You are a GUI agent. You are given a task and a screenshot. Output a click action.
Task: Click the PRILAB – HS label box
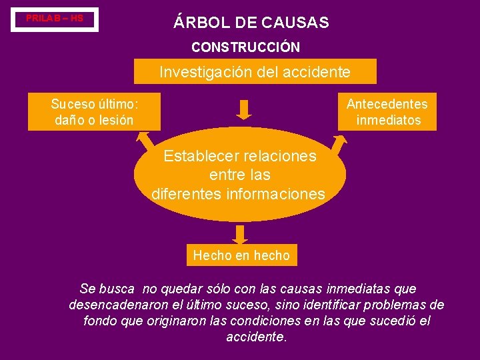click(55, 19)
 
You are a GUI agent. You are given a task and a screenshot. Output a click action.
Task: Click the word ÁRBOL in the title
click(198, 23)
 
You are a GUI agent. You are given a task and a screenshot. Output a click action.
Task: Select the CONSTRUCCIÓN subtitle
click(245, 48)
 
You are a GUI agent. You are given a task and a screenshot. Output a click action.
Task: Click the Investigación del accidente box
click(255, 71)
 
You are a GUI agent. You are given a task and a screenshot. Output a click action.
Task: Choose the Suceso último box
click(94, 111)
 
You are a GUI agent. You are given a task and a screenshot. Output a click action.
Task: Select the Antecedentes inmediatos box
click(387, 111)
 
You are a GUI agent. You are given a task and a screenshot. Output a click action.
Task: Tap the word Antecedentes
click(387, 103)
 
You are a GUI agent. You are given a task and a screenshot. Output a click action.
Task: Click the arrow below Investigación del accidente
click(244, 109)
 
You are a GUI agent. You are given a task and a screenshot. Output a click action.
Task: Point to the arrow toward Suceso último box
click(144, 139)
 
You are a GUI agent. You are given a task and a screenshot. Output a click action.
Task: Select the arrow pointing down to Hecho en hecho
click(241, 233)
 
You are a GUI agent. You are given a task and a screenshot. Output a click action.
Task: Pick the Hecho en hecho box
click(241, 255)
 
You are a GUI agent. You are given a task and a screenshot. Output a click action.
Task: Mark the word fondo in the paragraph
click(99, 321)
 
